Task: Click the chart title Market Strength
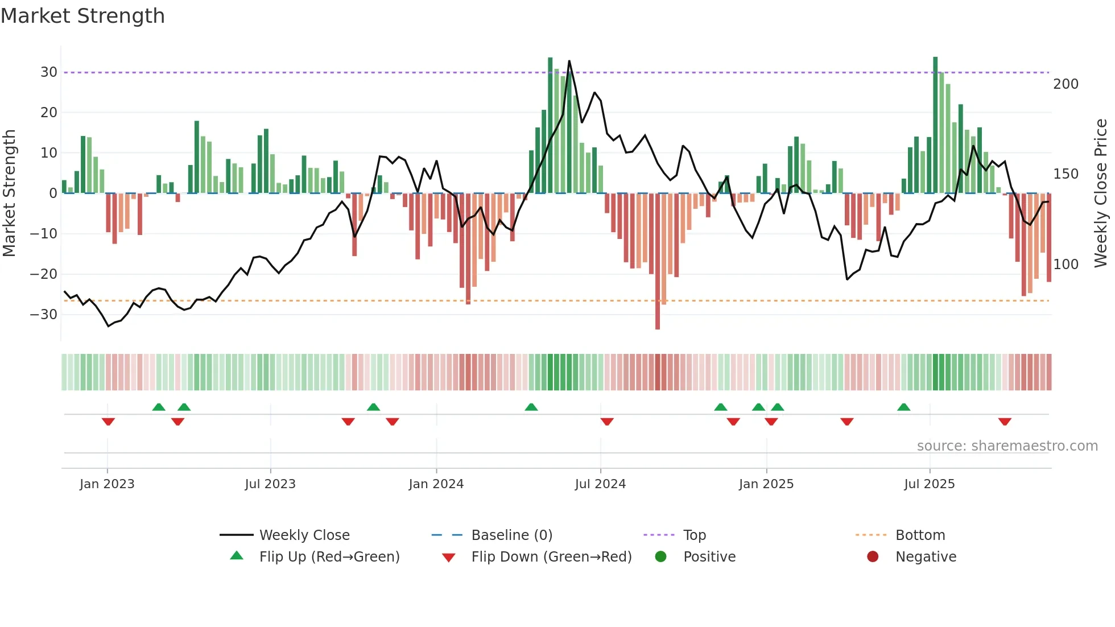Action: click(82, 16)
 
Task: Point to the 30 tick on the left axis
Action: click(49, 72)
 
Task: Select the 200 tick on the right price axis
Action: click(1066, 84)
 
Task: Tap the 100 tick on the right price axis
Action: click(1066, 265)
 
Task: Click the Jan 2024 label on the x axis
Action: click(436, 484)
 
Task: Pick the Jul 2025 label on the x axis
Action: click(929, 484)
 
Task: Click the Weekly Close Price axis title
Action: click(1101, 193)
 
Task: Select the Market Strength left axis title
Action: click(10, 193)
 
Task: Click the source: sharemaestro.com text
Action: click(1007, 446)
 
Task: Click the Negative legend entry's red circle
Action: click(873, 557)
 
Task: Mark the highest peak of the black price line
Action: click(569, 61)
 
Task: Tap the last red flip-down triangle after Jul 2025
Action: click(1005, 422)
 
